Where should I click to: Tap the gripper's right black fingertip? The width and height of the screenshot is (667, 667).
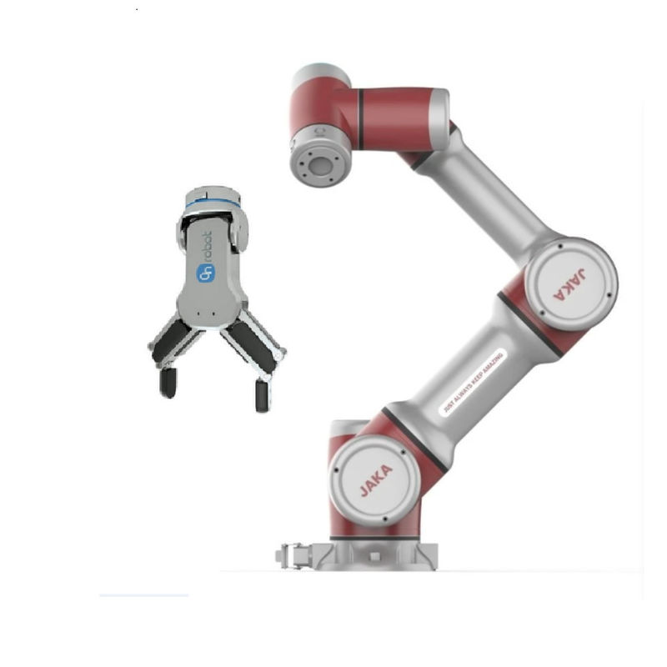[262, 394]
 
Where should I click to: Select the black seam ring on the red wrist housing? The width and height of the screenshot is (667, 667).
[359, 118]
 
